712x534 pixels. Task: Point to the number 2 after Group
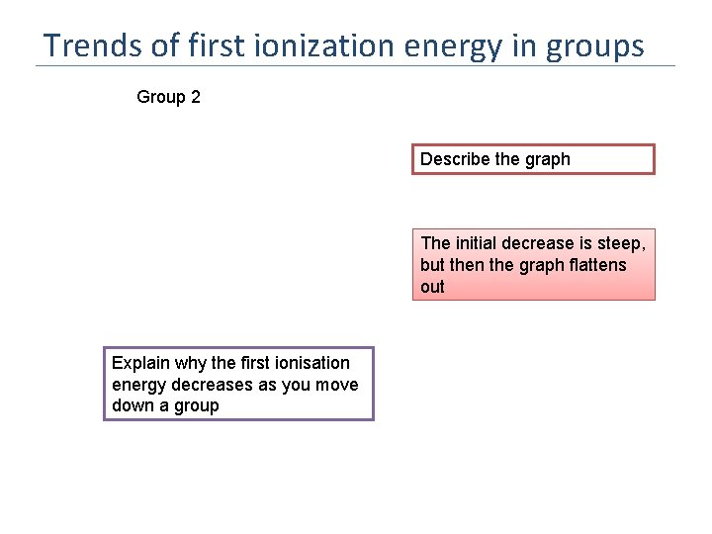tap(195, 97)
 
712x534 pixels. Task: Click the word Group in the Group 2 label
tap(161, 97)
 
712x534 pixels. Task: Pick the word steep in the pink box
tap(621, 243)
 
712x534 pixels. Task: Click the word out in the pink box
tap(432, 287)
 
